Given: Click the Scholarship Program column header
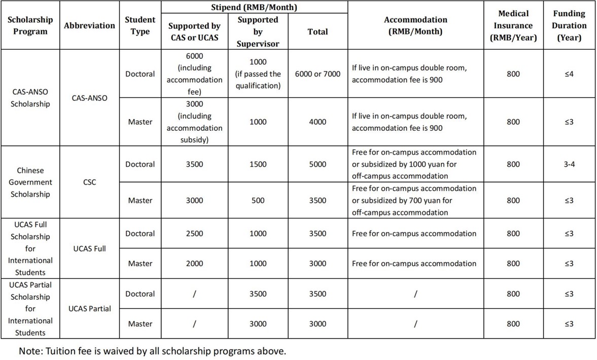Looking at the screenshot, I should tap(30, 25).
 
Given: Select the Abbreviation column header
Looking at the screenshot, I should tap(89, 25).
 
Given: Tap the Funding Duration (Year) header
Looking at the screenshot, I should tap(569, 25).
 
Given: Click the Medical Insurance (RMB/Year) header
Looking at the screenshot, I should tap(513, 25).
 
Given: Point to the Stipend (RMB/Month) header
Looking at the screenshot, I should tap(254, 8).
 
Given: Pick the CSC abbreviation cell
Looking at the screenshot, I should tap(89, 182).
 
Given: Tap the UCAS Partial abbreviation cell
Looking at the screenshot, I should tap(89, 308).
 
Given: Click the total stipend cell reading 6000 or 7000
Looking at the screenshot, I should tap(318, 74).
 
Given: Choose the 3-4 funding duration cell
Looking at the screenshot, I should tap(569, 164).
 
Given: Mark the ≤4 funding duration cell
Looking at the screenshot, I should tap(569, 74).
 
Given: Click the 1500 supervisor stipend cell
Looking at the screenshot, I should tap(258, 164).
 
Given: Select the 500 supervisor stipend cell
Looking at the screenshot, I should tap(258, 200).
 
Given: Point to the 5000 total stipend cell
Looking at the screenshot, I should tap(318, 164).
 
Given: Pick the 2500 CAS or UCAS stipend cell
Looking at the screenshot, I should tap(194, 234).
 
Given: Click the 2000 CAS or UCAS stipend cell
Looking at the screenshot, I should tap(194, 264).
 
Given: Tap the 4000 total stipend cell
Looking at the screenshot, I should tap(318, 122).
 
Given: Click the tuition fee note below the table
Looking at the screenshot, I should tap(153, 351).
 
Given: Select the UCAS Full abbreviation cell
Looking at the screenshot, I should tap(89, 248).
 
